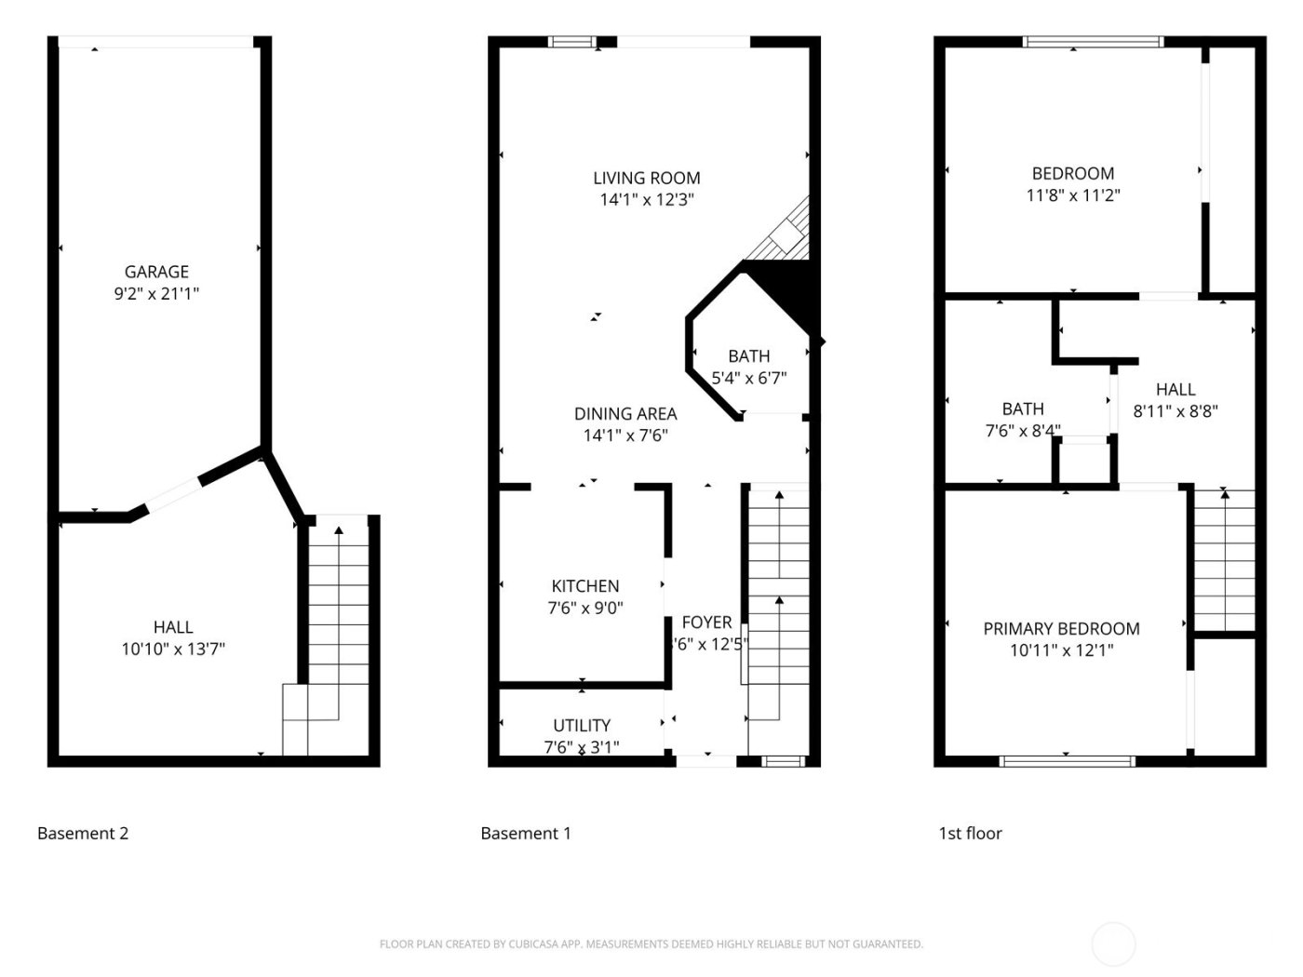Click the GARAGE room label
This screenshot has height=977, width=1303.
[156, 272]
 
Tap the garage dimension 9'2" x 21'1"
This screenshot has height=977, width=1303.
[156, 294]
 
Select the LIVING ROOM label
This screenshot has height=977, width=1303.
[647, 178]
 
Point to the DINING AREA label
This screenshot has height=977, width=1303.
[625, 414]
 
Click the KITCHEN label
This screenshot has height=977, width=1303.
[585, 586]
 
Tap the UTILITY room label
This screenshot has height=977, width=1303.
[582, 726]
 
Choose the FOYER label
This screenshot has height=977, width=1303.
[706, 622]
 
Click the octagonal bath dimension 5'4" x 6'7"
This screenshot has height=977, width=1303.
[749, 378]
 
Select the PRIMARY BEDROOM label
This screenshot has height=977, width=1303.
[1061, 629]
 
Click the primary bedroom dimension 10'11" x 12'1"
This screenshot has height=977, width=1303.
[1061, 650]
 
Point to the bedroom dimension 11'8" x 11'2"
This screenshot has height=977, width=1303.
[1073, 195]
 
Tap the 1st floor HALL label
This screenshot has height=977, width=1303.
[1175, 390]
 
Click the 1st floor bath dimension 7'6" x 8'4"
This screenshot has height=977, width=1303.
[1023, 431]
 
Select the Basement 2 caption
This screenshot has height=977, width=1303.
[83, 834]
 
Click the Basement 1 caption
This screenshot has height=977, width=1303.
[526, 834]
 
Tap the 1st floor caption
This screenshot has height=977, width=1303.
[970, 834]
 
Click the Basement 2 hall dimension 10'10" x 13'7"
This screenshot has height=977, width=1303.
[173, 649]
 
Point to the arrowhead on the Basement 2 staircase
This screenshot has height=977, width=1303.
[338, 530]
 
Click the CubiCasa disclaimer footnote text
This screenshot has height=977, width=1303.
[651, 944]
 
